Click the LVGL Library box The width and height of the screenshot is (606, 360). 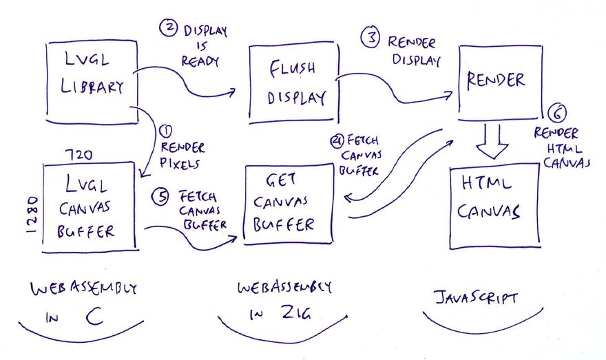click(92, 82)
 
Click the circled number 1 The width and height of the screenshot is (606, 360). click(165, 129)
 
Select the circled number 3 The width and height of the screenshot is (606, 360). click(372, 39)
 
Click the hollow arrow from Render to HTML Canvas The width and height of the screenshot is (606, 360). click(493, 140)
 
